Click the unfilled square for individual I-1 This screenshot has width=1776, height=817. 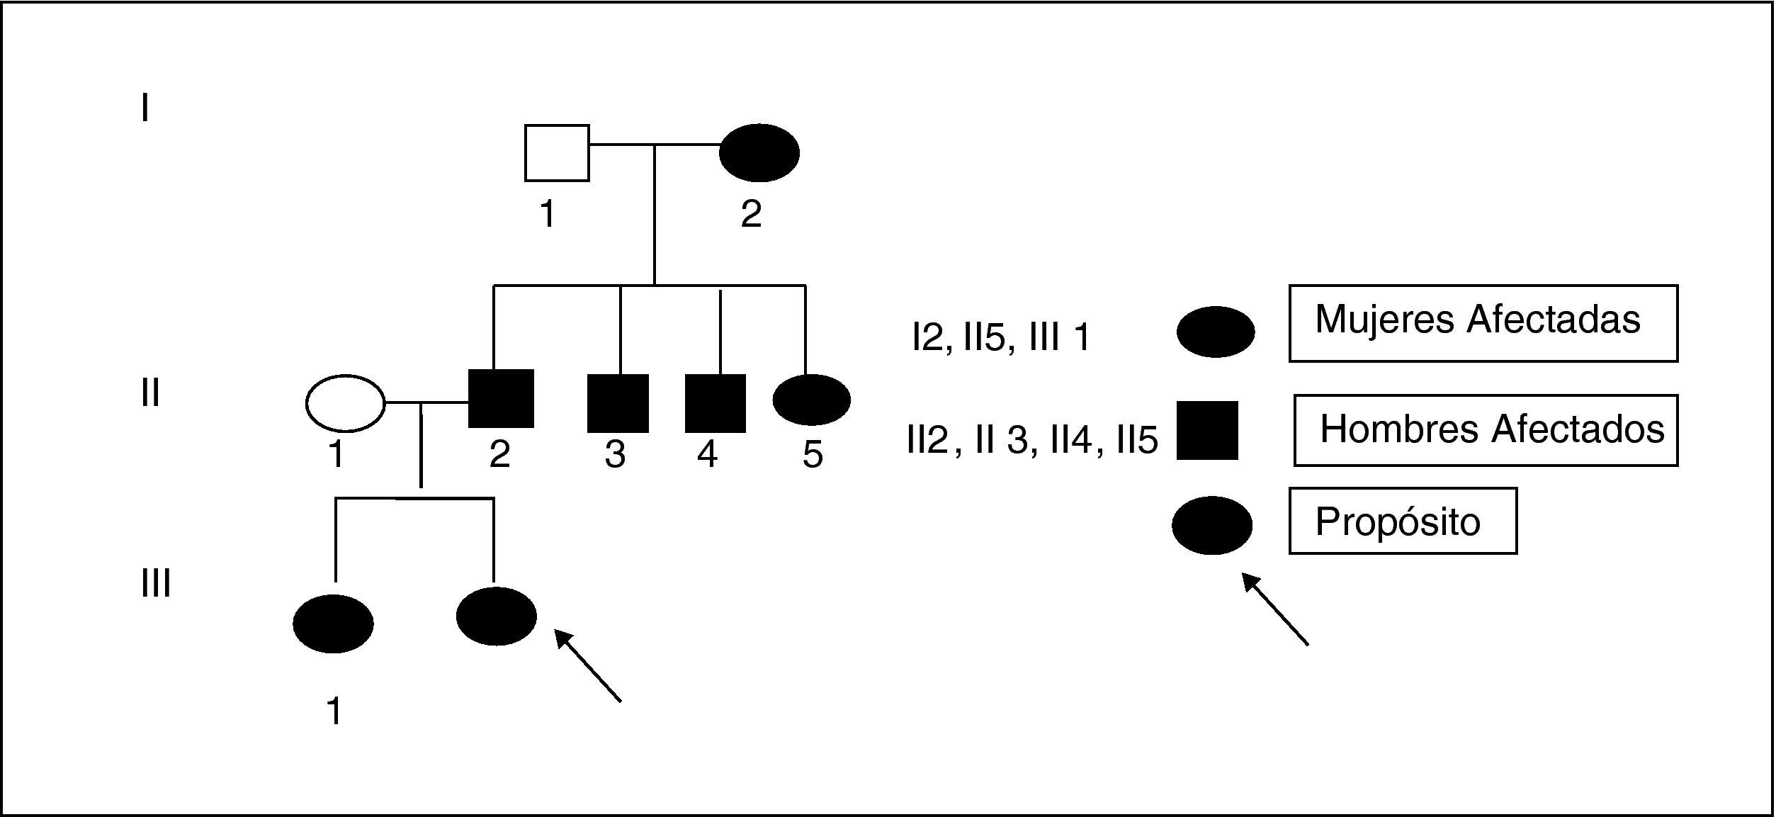557,153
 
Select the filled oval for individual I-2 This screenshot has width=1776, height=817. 759,152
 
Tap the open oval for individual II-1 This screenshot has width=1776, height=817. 345,402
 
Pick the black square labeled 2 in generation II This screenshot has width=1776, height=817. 501,399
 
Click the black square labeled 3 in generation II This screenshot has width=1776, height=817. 618,403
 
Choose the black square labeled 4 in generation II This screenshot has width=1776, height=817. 715,403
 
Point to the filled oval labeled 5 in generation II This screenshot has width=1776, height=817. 811,400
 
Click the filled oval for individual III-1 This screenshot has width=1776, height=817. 333,623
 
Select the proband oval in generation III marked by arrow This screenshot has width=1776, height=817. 496,616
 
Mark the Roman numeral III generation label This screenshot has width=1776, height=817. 155,584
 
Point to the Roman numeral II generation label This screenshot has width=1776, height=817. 149,393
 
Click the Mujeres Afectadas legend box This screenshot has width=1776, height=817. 1483,323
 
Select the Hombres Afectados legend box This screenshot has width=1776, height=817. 1486,430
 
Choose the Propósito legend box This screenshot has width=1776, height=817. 1402,521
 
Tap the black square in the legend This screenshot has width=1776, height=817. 1207,430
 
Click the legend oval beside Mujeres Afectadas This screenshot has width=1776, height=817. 1215,332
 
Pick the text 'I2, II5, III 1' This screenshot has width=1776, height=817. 1001,337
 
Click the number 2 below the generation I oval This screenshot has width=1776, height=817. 751,213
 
